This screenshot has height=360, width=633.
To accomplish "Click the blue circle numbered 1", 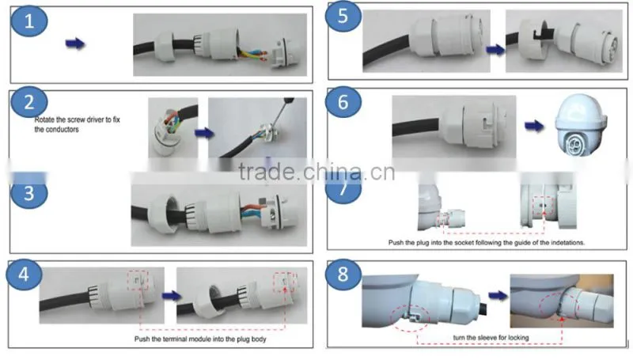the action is click(x=29, y=21).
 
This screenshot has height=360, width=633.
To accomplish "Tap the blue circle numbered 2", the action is click(x=29, y=102).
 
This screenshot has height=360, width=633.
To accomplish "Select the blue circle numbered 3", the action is click(x=29, y=193).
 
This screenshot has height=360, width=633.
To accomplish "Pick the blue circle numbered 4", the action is click(x=24, y=275).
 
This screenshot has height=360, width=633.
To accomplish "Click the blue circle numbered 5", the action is click(x=343, y=17).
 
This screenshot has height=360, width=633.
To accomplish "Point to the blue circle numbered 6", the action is click(x=343, y=102).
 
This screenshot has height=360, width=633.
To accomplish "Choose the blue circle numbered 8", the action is click(x=343, y=275).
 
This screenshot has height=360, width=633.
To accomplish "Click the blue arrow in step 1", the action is click(x=75, y=44).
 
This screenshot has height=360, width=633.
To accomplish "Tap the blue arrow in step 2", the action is click(x=204, y=133).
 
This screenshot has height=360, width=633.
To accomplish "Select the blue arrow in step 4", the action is click(x=172, y=296).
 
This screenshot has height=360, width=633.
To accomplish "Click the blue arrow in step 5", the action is click(x=495, y=50).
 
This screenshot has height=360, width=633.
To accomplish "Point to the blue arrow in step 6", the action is click(x=533, y=127).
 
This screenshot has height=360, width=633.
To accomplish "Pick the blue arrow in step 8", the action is click(x=498, y=295).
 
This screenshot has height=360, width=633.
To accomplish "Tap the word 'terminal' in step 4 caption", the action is click(x=176, y=339).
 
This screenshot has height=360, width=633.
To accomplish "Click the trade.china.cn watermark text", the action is click(x=316, y=172).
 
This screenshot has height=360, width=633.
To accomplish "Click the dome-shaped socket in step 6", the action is click(x=581, y=124).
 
